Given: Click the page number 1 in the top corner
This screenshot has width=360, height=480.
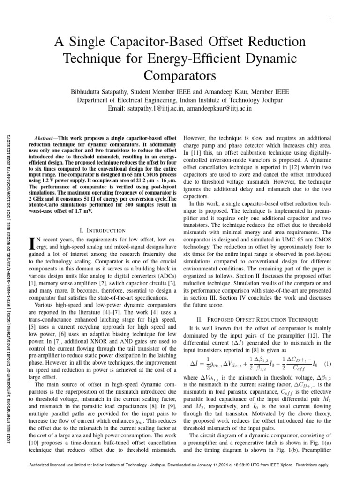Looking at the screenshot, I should pyautogui.click(x=331, y=18).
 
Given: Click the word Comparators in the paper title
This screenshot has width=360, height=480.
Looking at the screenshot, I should pyautogui.click(x=180, y=75).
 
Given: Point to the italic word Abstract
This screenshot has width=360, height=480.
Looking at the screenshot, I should pyautogui.click(x=45, y=139).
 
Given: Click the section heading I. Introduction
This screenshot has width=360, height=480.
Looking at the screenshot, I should pyautogui.click(x=103, y=230).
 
